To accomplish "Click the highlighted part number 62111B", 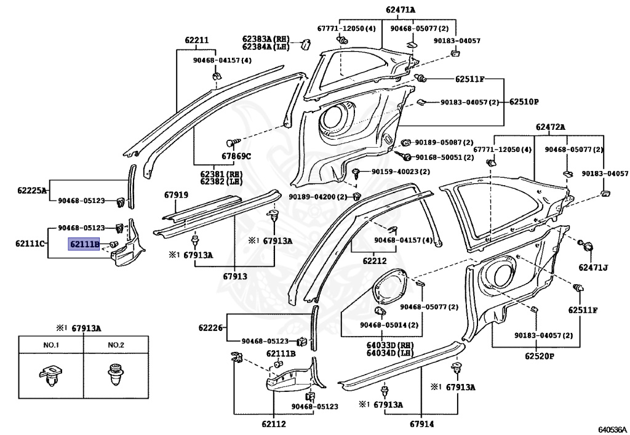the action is (x=84, y=244).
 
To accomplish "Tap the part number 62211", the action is (x=196, y=40).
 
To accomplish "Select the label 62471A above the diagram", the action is (x=401, y=10).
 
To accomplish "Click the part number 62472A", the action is (x=550, y=127).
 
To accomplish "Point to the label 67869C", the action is (x=236, y=156).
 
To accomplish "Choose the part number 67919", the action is (x=176, y=195).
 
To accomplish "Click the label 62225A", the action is (x=32, y=190).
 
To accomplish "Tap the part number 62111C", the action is (x=30, y=244).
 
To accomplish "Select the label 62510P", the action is (x=524, y=102).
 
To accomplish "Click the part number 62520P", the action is (x=539, y=356).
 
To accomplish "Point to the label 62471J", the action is (x=593, y=267).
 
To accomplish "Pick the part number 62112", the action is (x=274, y=424).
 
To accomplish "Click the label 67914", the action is (x=422, y=424).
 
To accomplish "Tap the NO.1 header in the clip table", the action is (x=51, y=345).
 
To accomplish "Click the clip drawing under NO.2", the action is (x=116, y=375).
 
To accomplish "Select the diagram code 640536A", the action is (x=612, y=429).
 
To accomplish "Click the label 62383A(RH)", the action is (x=266, y=39).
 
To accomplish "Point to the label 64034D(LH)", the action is (x=390, y=353).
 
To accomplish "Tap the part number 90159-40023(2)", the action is (x=401, y=172).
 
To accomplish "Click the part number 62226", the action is (x=210, y=328).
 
